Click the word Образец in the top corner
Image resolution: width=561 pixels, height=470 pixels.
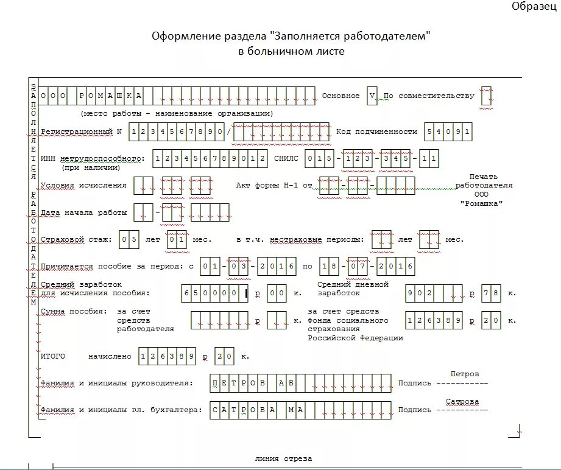534,6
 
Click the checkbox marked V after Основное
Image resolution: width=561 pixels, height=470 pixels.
372,96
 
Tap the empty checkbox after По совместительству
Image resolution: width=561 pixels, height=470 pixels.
487,96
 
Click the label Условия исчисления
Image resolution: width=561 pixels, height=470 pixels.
83,185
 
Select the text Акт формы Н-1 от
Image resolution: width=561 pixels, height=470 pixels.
274,185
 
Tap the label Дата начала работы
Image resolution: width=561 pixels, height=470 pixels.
83,212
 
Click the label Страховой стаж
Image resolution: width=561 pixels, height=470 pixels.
76,240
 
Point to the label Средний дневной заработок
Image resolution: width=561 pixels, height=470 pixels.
353,289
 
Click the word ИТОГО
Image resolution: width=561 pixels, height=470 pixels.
52,356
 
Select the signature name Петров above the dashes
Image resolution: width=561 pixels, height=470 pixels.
464,373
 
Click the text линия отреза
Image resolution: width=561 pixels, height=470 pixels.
283,458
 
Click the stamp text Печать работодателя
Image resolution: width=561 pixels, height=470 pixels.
484,181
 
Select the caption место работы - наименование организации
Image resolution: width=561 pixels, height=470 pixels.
177,113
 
